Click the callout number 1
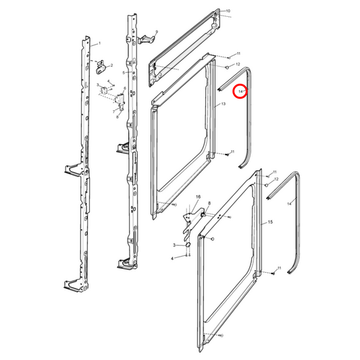99,43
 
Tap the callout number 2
111,66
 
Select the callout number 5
124,72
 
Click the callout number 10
228,11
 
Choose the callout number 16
199,197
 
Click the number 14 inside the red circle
240,90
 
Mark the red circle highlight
240,90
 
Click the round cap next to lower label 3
187,245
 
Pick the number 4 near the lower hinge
172,258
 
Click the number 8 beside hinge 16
209,203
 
